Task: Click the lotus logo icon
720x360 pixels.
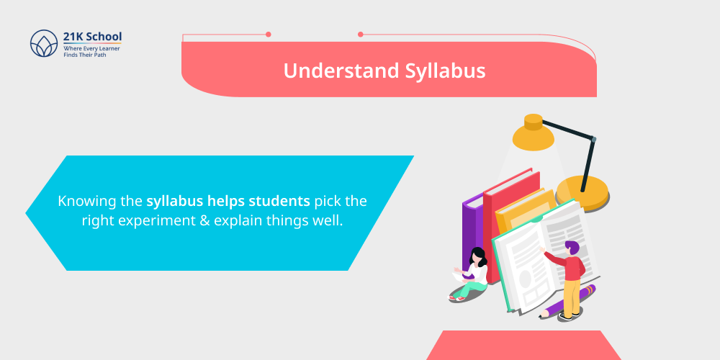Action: [x=44, y=44]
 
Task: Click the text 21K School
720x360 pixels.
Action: [x=93, y=36]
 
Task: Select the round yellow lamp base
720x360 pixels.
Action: [x=582, y=192]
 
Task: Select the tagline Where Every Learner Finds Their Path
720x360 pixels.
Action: [x=93, y=51]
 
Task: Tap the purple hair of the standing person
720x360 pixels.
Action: [x=573, y=248]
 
